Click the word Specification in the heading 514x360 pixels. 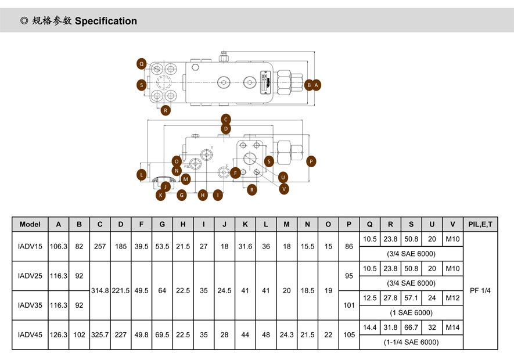point(106,21)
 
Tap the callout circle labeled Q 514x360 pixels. point(141,63)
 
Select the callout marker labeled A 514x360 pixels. point(317,85)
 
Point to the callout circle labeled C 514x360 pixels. point(226,119)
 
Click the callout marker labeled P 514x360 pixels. point(311,161)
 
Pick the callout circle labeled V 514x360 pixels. point(284,188)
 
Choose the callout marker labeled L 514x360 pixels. point(141,174)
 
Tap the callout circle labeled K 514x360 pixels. point(161,195)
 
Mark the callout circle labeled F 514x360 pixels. point(235,172)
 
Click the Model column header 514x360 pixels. point(30,224)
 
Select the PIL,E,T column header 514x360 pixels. point(480,224)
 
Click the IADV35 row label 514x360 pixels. point(30,305)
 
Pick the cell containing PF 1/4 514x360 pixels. point(480,290)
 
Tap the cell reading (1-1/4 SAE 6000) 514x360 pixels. point(412,343)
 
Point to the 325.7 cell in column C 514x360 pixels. point(100,334)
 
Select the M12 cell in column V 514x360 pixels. point(452,298)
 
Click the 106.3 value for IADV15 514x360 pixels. point(59,247)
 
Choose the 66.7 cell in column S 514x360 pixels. point(412,327)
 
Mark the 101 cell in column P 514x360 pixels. point(349,305)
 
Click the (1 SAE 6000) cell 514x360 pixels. point(412,312)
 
